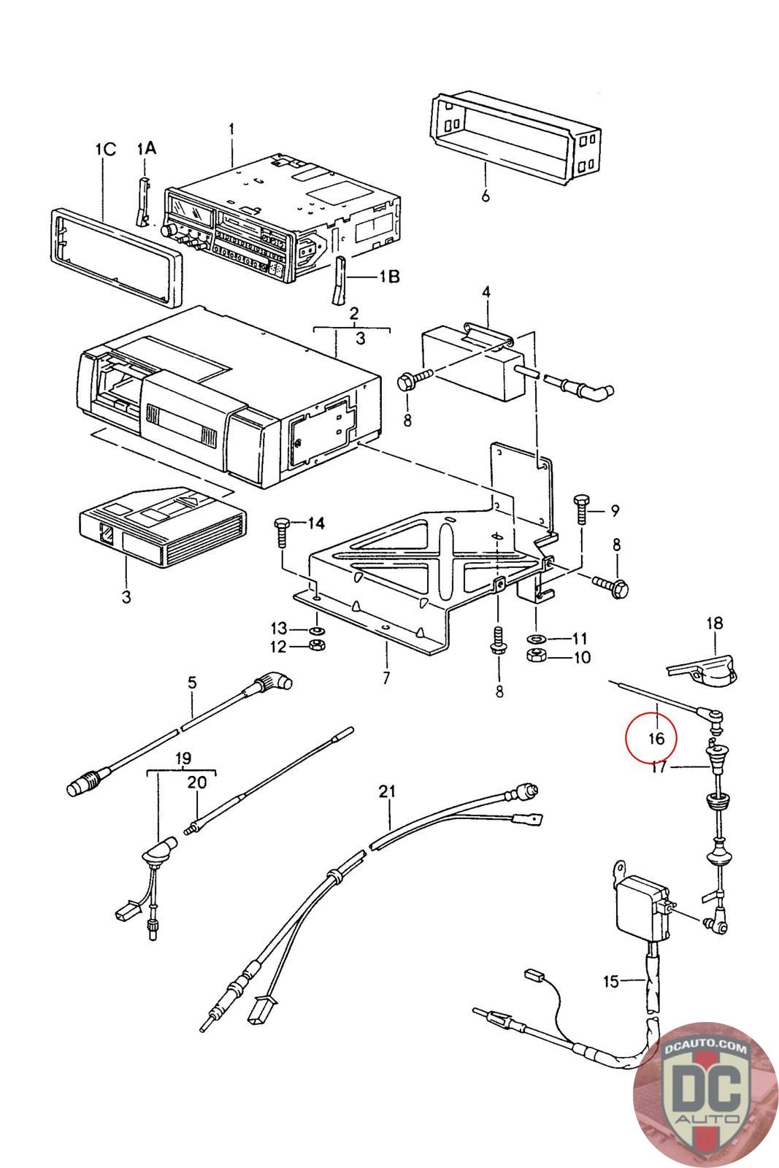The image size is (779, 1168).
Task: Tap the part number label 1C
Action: (105, 150)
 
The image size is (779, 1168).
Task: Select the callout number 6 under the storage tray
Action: (486, 196)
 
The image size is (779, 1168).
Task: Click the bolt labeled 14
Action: (281, 532)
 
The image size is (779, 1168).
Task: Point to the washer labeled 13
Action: (317, 631)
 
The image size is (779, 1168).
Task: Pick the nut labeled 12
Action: (315, 645)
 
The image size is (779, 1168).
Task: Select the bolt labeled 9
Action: (581, 510)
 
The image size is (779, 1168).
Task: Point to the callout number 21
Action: (387, 791)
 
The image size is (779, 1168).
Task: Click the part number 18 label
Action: (715, 623)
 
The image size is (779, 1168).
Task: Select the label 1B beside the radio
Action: (389, 276)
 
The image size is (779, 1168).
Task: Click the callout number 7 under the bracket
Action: (386, 678)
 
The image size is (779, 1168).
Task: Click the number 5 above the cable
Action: (193, 682)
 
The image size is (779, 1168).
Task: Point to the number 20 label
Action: (196, 782)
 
